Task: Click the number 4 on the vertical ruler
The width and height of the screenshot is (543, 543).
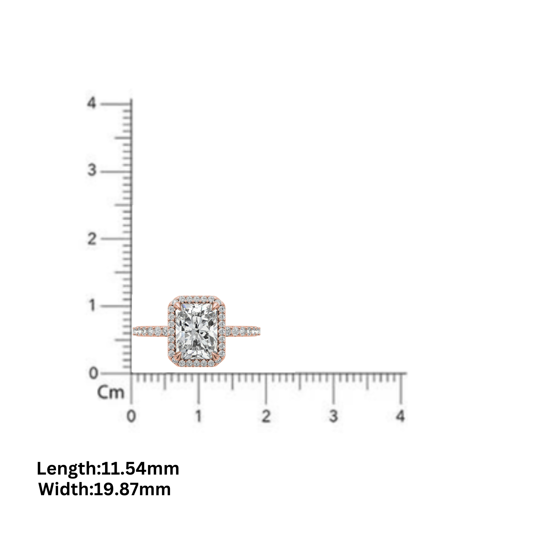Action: pyautogui.click(x=91, y=103)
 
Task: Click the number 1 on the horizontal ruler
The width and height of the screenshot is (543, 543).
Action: pyautogui.click(x=199, y=416)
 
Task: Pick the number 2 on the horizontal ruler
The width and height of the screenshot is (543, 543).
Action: pyautogui.click(x=266, y=416)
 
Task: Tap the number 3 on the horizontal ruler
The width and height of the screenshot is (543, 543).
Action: pyautogui.click(x=333, y=416)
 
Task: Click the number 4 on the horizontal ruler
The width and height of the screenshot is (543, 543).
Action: pyautogui.click(x=400, y=416)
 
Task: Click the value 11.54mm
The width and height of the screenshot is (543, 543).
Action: pyautogui.click(x=140, y=469)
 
